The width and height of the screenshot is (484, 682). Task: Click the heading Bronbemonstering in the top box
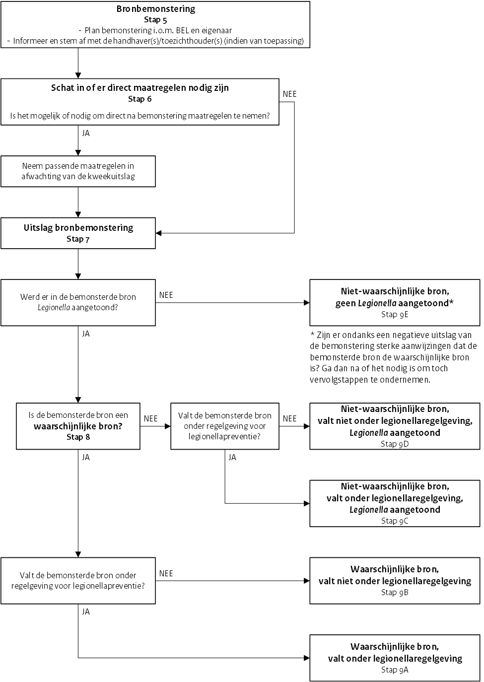coord(155,9)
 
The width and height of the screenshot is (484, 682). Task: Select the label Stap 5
coord(155,20)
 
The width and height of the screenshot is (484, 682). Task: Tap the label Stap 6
coord(139,99)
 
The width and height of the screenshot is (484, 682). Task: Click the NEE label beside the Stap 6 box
coord(289,94)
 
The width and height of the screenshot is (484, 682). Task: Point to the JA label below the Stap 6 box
coord(86,133)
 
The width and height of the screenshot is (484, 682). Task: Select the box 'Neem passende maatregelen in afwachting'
coord(78,171)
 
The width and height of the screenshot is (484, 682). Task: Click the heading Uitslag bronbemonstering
coord(78,228)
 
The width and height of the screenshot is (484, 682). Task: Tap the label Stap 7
coord(78,239)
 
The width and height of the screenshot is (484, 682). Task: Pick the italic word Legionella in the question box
coord(54,308)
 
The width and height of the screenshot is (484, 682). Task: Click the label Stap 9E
coord(395,314)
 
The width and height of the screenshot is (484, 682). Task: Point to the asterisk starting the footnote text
coord(312,336)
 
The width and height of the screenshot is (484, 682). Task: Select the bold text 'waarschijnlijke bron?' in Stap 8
coord(78,426)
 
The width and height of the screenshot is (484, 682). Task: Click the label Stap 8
coord(78,437)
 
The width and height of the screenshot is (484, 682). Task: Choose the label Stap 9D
coord(395,444)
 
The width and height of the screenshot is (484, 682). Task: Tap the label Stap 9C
coord(395,521)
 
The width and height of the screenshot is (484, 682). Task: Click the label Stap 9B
coord(395,592)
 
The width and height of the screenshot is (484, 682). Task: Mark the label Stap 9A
coord(395,670)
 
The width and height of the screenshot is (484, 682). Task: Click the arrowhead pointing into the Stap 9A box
coord(306,658)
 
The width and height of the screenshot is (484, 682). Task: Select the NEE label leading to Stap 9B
coord(166,573)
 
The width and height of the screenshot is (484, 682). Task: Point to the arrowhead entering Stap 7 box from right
coord(159,233)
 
